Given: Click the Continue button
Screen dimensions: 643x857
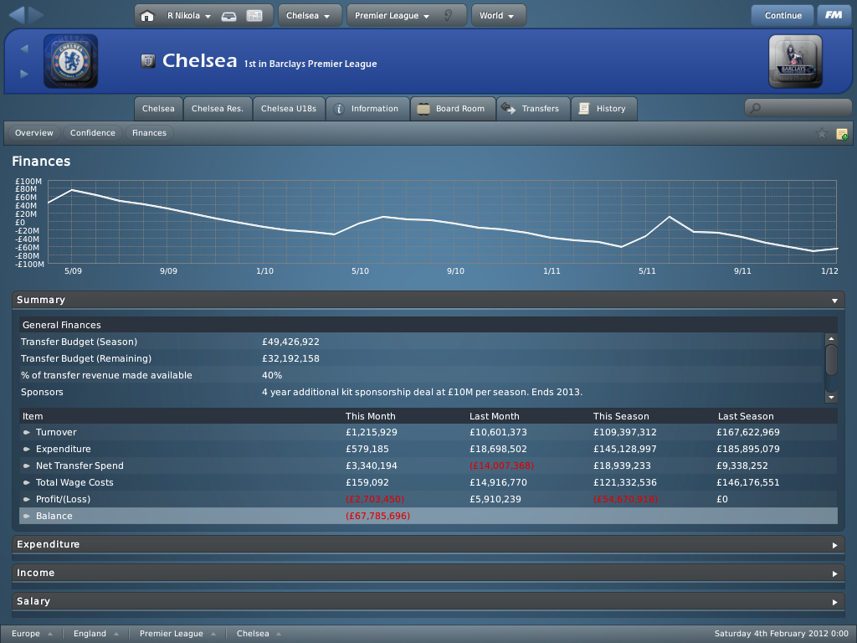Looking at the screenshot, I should click(x=783, y=15).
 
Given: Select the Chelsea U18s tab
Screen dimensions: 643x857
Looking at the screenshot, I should click(x=288, y=109).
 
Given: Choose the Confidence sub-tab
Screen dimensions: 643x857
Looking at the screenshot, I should click(x=92, y=133).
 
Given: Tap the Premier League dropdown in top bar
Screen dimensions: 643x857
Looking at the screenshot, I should click(x=391, y=15).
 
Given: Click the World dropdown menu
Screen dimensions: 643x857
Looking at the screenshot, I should click(x=498, y=15).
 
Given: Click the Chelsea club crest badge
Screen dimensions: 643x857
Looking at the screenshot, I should click(x=70, y=61).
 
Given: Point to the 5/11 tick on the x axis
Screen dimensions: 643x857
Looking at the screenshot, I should click(x=647, y=271).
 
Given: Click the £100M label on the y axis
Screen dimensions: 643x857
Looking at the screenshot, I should click(x=28, y=181).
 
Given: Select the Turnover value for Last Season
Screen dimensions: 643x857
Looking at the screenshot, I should click(x=747, y=433).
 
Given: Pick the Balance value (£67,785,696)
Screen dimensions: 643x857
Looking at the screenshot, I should click(x=377, y=517).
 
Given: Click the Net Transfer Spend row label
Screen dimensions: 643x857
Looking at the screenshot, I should click(x=80, y=466).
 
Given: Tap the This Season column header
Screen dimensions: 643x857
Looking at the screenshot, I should click(x=620, y=416).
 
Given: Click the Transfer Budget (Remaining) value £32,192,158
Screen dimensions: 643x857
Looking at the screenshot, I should click(x=290, y=358).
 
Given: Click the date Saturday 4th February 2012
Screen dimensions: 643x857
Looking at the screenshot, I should click(x=780, y=634).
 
